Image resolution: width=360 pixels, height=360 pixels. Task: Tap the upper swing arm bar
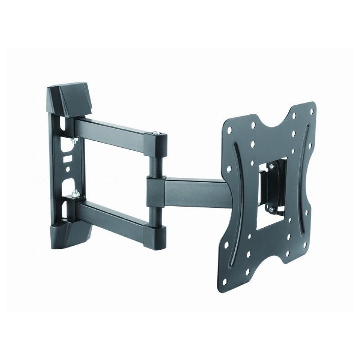pyautogui.click(x=112, y=128)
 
